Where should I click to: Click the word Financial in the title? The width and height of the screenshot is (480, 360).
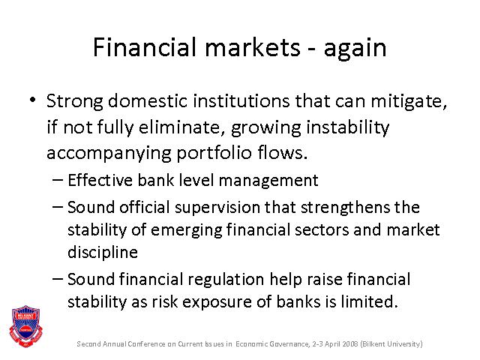click(145, 47)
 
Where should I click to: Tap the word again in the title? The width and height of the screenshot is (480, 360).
click(355, 49)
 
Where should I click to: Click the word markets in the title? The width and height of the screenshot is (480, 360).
click(253, 47)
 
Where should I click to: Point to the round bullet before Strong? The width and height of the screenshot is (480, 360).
click(33, 100)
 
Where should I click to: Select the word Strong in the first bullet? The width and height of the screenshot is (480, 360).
click(75, 102)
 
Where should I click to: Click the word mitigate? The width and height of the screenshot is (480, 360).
click(409, 102)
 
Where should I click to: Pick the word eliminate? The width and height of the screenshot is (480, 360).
click(179, 127)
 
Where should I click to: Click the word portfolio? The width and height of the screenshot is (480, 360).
click(214, 154)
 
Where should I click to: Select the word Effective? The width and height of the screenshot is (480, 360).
click(100, 180)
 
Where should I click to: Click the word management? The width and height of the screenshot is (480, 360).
click(268, 181)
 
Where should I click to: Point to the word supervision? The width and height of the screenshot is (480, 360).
click(217, 208)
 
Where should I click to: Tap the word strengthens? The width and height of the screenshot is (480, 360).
click(345, 208)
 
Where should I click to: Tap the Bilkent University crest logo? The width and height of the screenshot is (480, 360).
click(25, 326)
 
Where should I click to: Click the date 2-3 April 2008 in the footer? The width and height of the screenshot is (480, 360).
click(335, 344)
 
